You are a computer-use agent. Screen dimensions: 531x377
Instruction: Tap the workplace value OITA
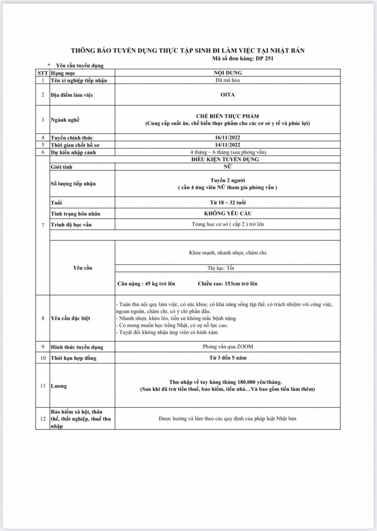(227, 95)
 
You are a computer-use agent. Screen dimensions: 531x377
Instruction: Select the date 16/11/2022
(227, 138)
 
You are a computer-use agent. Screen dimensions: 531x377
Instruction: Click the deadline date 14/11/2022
(227, 145)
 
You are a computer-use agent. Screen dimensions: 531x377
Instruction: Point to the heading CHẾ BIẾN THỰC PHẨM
(227, 116)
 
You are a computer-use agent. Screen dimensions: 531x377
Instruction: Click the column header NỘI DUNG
(227, 73)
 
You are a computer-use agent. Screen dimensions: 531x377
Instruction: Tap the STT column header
(42, 73)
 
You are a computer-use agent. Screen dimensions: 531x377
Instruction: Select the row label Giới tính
(62, 167)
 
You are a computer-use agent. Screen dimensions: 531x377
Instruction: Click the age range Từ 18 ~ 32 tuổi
(227, 203)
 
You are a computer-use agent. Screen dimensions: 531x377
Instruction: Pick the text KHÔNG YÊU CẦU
(227, 213)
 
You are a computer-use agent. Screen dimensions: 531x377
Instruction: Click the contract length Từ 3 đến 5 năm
(227, 358)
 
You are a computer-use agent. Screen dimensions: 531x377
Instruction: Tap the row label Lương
(58, 386)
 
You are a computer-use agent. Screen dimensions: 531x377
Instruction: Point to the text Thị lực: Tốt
(227, 268)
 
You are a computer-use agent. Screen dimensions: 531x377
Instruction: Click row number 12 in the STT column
(42, 418)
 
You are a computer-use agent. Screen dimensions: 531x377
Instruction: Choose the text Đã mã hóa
(227, 80)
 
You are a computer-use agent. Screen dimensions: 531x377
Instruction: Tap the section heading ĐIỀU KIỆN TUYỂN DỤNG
(227, 159)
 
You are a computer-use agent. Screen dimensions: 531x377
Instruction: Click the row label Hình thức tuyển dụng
(77, 347)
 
